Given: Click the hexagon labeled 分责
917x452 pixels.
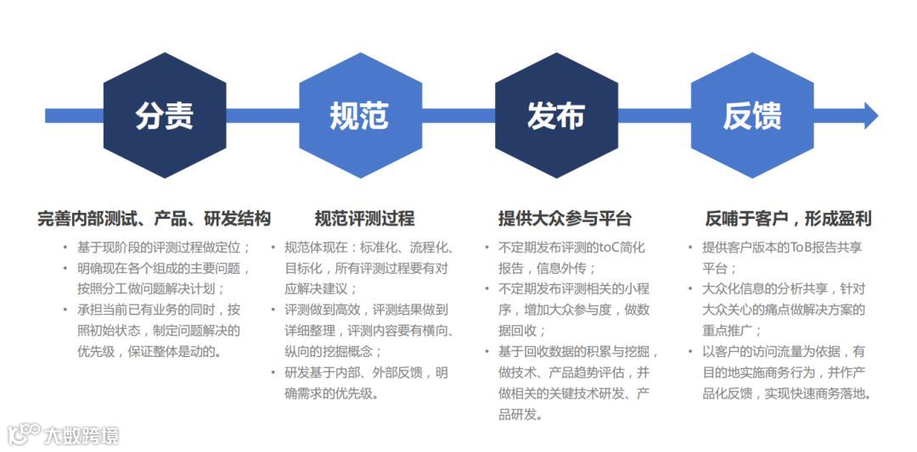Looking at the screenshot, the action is (164, 115).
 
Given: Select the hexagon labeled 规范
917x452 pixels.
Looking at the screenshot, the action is (360, 115).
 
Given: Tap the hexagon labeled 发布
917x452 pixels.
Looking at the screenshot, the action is (556, 115).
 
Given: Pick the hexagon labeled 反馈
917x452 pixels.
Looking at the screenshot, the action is (752, 115).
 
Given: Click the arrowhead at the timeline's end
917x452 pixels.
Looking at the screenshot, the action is (869, 115).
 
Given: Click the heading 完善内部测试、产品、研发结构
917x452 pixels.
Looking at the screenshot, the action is (154, 219).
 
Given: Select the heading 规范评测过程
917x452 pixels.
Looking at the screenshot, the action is (364, 219).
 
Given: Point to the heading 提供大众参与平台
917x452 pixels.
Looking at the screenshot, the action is (565, 219).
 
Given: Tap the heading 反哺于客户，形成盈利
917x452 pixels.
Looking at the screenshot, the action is (788, 219).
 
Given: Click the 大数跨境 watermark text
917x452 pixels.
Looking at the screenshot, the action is (82, 436).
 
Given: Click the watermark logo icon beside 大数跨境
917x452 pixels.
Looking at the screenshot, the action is (24, 433).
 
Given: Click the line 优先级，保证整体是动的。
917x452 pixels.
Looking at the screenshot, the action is (149, 351).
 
